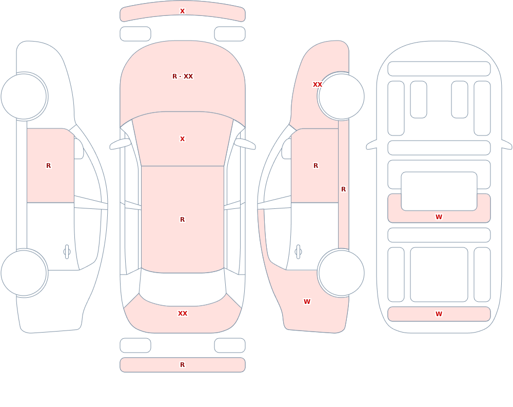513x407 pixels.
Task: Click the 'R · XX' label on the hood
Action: click(183, 76)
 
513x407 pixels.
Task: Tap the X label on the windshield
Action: click(183, 139)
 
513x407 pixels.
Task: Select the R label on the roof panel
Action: click(183, 219)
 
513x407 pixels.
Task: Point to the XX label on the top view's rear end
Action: click(183, 314)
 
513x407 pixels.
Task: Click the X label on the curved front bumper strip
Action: click(183, 11)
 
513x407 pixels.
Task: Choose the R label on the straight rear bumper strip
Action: click(183, 365)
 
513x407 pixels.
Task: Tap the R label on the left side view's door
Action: click(48, 166)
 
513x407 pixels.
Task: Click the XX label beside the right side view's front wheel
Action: click(318, 85)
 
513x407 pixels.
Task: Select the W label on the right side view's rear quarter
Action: click(307, 302)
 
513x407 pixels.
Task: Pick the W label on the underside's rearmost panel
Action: click(439, 314)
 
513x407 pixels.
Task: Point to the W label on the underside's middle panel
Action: click(439, 217)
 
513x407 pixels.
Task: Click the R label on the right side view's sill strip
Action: click(344, 189)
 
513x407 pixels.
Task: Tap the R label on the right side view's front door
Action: click(315, 166)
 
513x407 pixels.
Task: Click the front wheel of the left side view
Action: click(24, 96)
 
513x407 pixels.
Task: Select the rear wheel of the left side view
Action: click(24, 273)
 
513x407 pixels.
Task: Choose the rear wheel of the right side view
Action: click(341, 273)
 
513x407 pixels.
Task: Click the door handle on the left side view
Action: click(67, 252)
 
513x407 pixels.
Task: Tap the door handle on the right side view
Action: click(298, 252)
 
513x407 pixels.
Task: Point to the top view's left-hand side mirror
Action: click(120, 144)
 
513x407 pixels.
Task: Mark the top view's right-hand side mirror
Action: click(245, 144)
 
